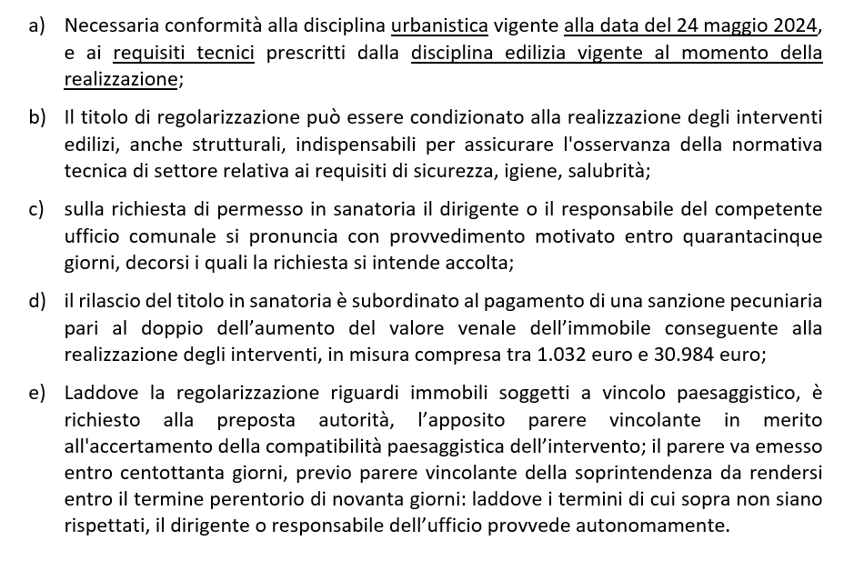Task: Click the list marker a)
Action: [x=36, y=26]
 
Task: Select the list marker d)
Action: [x=36, y=301]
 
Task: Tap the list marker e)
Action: [x=36, y=393]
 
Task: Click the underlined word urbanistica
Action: [x=439, y=26]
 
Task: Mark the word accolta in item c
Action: [x=482, y=263]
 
